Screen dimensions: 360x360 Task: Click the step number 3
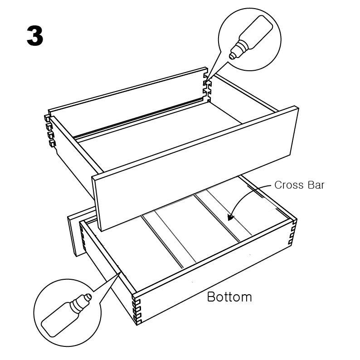35,35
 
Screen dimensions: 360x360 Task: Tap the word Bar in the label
316,185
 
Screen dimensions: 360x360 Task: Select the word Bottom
229,297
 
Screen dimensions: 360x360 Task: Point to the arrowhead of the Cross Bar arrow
230,217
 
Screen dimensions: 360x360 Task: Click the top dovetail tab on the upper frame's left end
47,118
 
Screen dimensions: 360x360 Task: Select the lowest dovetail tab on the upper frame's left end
52,143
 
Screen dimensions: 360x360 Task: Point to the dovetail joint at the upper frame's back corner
207,86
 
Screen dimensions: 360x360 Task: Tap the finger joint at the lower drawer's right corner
292,232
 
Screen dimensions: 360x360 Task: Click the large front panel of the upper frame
195,169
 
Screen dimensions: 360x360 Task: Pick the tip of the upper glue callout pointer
206,83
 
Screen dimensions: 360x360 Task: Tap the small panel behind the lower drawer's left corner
77,232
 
